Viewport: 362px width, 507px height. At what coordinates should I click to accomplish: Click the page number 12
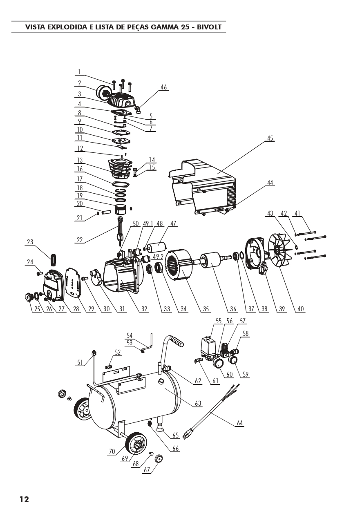pos(24,499)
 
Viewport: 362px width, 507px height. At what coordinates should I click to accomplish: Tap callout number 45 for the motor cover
pos(270,138)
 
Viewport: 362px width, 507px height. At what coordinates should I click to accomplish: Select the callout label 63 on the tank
pos(198,403)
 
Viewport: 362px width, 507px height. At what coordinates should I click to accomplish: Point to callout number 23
pos(30,242)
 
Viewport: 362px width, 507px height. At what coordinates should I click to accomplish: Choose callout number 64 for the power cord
pos(240,423)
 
